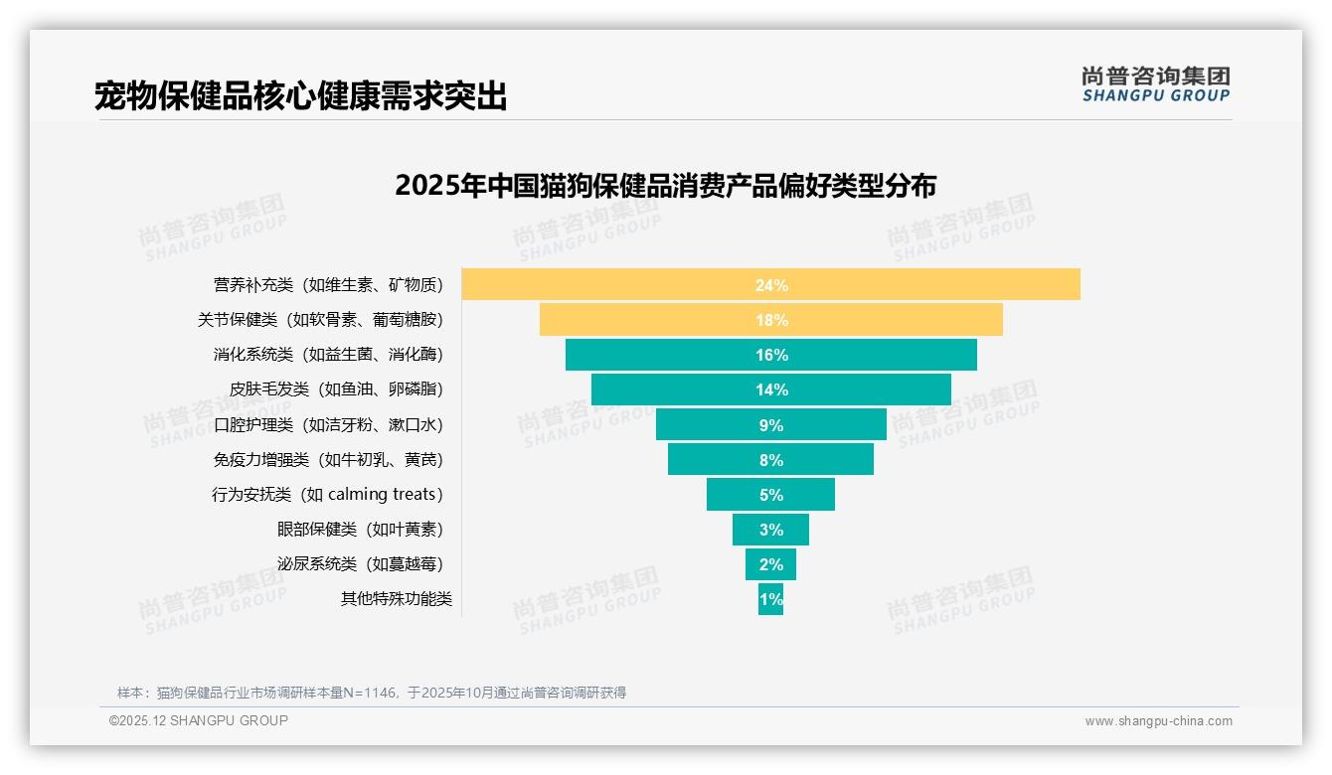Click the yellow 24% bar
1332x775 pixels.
tap(770, 284)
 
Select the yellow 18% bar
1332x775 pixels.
tap(770, 320)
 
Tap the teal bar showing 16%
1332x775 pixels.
tap(770, 355)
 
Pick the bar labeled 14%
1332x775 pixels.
tap(770, 389)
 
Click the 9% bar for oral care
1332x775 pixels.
tap(770, 424)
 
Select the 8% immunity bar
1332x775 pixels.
tap(770, 459)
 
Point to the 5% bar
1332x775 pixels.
tap(770, 494)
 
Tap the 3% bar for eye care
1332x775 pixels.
tap(770, 529)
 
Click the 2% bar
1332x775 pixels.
tap(770, 563)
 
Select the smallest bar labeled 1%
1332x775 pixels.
tap(770, 599)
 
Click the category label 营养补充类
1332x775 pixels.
tap(253, 285)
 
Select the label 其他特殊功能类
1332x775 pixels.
tap(396, 599)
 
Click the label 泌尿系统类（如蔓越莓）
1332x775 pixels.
tap(360, 563)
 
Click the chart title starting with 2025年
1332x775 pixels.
tap(665, 186)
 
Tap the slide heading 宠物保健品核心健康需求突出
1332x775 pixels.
tap(300, 96)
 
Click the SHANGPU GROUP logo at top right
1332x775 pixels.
tap(1155, 84)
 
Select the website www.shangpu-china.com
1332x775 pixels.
tap(1158, 721)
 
